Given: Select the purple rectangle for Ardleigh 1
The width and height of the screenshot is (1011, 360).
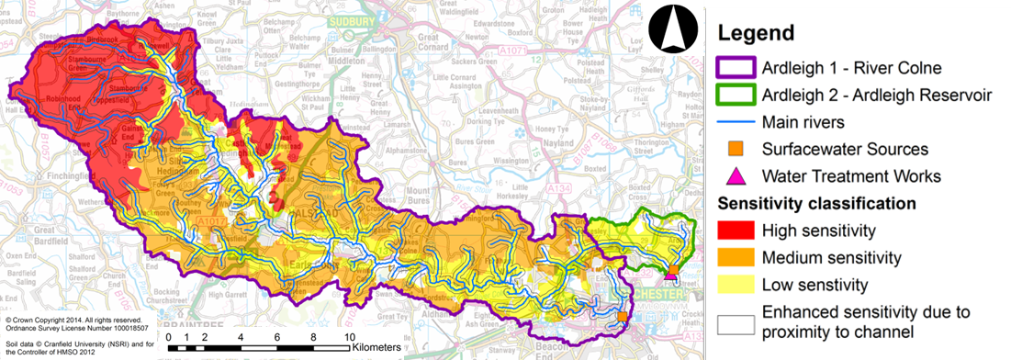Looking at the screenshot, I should coord(735,68).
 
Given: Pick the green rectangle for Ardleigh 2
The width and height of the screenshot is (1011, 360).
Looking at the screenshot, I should coord(735,95).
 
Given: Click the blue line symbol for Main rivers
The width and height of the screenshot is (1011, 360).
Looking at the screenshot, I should coord(735,121).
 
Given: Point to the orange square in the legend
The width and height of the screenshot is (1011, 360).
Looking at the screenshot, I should coord(735,149).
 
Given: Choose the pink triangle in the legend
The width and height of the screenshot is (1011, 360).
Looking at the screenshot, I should coord(735,175).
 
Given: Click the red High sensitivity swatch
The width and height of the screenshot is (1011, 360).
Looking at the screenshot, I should coord(735,230).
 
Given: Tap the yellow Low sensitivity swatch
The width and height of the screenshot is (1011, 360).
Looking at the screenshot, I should coord(735,284).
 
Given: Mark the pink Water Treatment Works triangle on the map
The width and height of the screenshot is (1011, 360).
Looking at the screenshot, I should coord(672,278).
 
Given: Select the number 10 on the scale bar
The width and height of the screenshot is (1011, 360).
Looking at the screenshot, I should coord(348,337).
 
